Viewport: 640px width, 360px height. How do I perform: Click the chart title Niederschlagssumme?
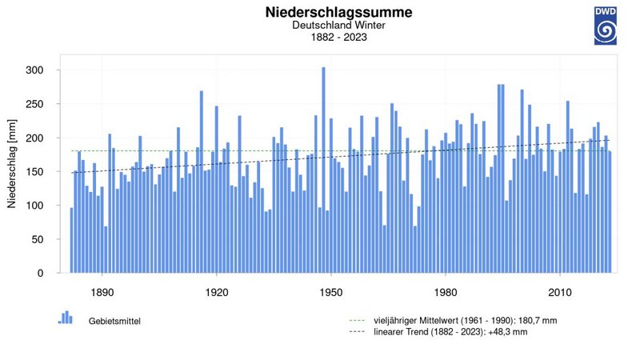click(x=338, y=13)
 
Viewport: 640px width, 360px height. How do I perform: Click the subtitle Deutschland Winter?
click(x=338, y=26)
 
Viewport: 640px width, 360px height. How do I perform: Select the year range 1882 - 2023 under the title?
click(x=338, y=37)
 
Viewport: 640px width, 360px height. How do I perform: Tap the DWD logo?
click(x=605, y=26)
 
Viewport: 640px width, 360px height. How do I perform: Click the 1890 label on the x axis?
click(x=102, y=292)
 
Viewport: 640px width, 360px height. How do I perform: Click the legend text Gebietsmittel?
click(x=114, y=321)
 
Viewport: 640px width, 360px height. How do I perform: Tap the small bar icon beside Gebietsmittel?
click(x=66, y=317)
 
